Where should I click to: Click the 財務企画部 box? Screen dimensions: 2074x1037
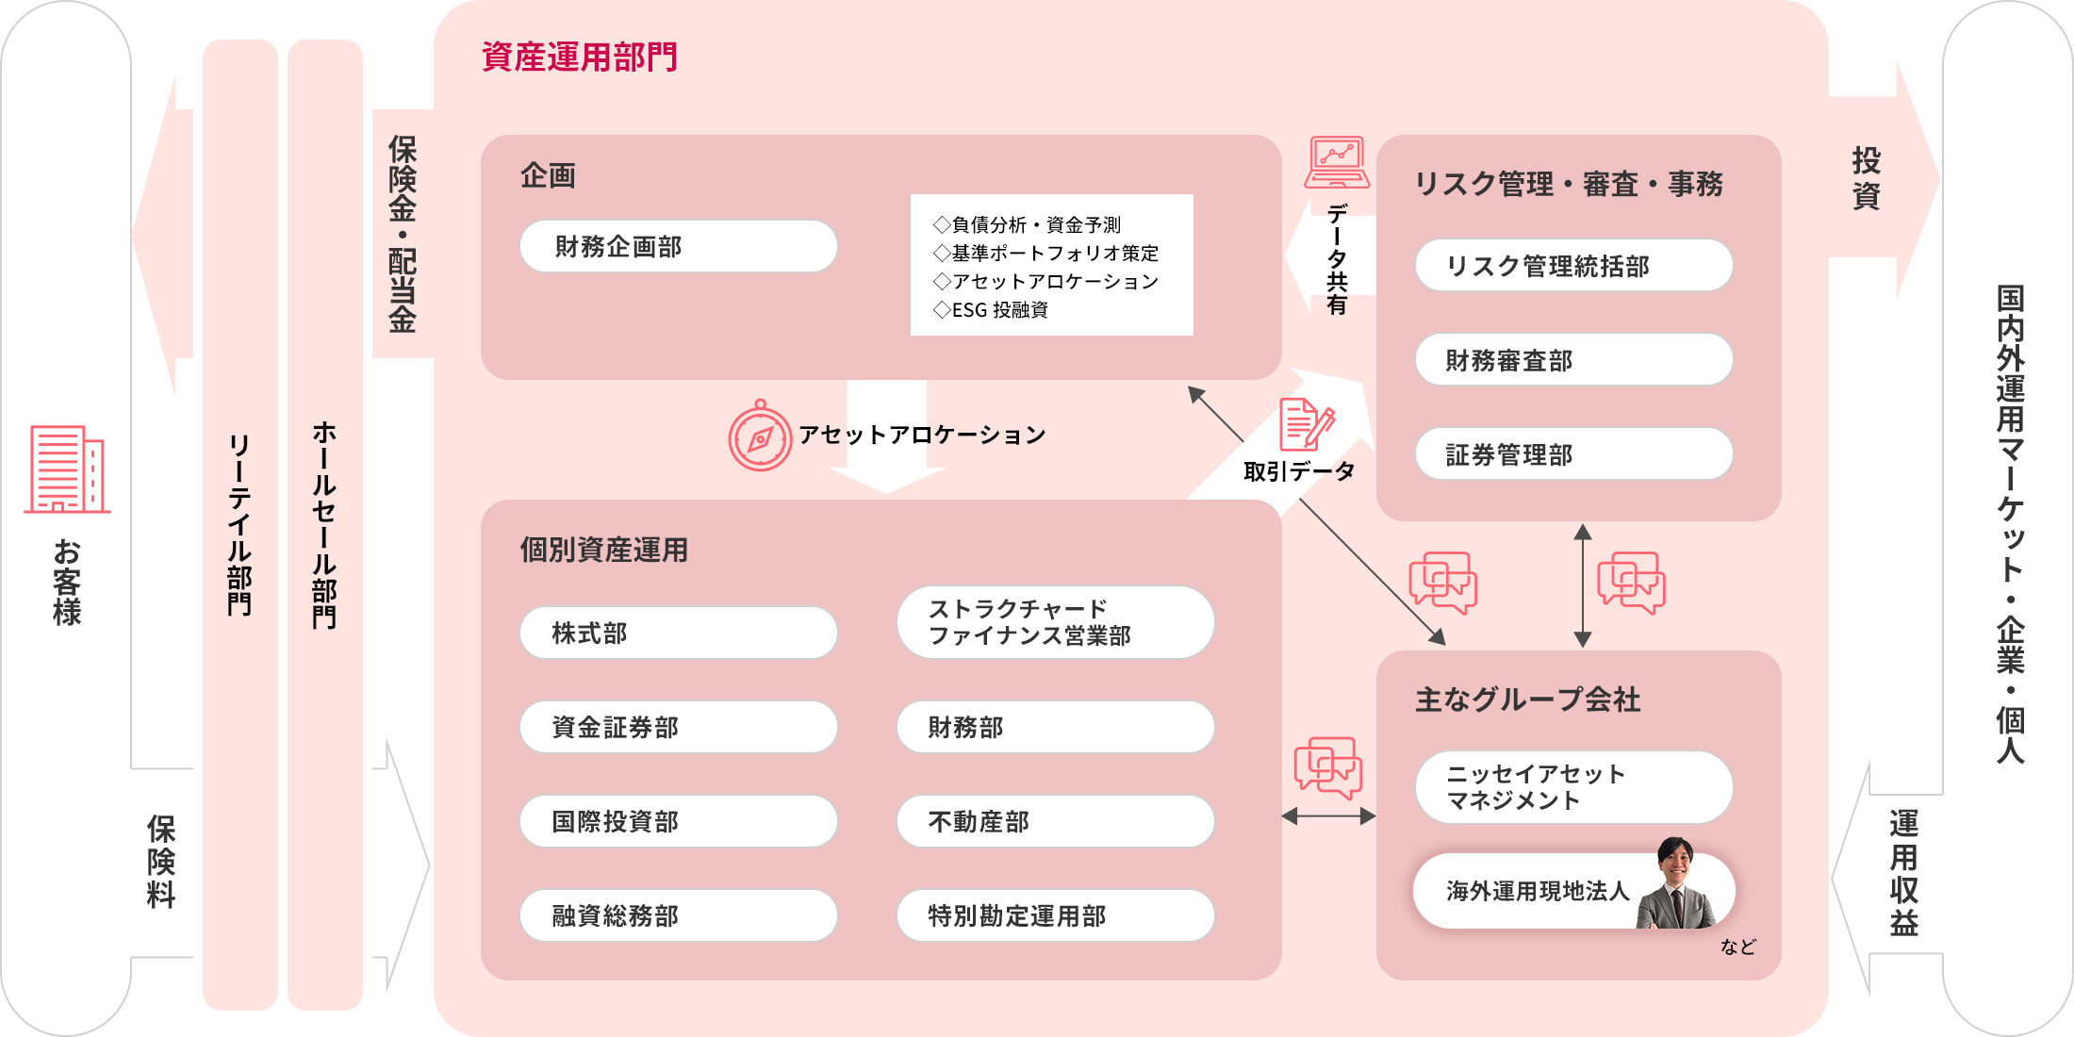tap(679, 246)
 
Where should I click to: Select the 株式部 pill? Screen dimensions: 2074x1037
tap(679, 633)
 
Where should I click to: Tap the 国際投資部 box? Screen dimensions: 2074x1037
tap(679, 821)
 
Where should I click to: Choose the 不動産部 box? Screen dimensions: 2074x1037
tap(1056, 821)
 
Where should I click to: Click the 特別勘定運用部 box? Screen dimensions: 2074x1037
tap(1056, 915)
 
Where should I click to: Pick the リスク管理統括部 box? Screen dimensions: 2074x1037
tap(1574, 265)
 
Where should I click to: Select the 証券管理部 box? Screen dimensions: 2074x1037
tap(1574, 453)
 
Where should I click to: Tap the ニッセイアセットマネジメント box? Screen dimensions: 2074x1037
tap(1574, 787)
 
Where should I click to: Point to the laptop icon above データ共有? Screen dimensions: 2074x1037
tap(1337, 162)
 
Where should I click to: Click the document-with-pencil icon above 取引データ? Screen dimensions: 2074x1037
tap(1307, 425)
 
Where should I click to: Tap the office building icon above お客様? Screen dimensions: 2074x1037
tap(67, 469)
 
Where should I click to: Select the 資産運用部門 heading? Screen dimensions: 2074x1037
tap(580, 57)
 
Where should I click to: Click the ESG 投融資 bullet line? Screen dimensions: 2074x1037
tap(991, 309)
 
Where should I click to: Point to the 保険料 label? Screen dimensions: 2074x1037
tap(161, 862)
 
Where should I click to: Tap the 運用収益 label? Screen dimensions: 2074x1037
tap(1903, 873)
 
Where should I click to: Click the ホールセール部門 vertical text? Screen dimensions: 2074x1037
tap(324, 524)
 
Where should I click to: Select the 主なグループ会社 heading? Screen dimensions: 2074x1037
tap(1528, 700)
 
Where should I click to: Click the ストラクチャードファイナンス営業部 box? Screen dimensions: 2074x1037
tap(1056, 622)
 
